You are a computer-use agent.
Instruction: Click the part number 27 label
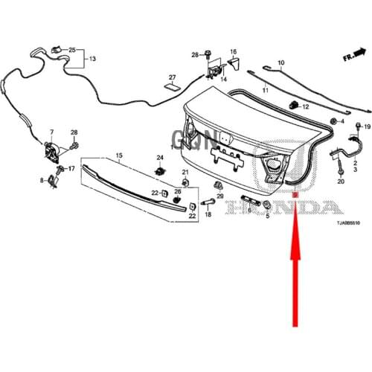click(x=171, y=78)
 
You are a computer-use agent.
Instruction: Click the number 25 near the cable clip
click(x=72, y=49)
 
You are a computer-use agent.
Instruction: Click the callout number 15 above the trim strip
click(x=118, y=155)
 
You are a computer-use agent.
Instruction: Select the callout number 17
click(x=72, y=170)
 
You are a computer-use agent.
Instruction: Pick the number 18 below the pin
click(x=208, y=214)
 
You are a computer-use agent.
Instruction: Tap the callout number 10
click(x=281, y=62)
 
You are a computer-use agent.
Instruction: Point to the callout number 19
click(x=367, y=127)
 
